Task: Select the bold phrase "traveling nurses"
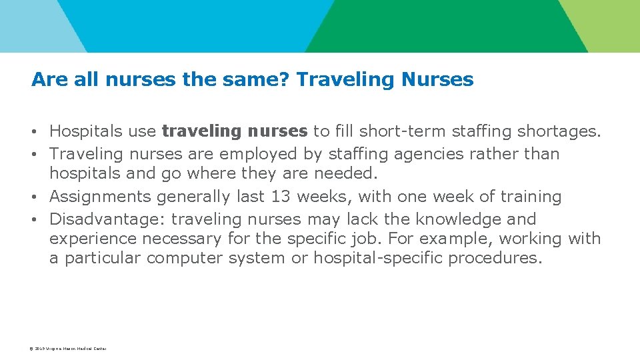coord(234,131)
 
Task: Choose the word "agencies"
coord(429,154)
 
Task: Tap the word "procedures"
coord(494,258)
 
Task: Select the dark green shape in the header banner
coord(440,26)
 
